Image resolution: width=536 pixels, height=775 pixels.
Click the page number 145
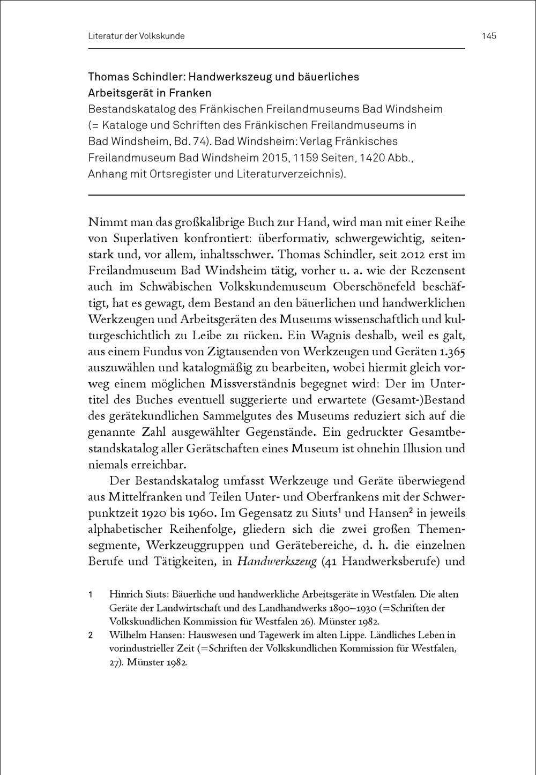(489, 36)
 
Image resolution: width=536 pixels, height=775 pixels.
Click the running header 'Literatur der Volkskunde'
(136, 36)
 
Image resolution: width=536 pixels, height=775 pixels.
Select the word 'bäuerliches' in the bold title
(329, 77)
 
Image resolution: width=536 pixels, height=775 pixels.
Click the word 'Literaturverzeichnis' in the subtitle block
(290, 174)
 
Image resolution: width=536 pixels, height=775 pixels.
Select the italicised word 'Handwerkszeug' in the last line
(277, 562)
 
